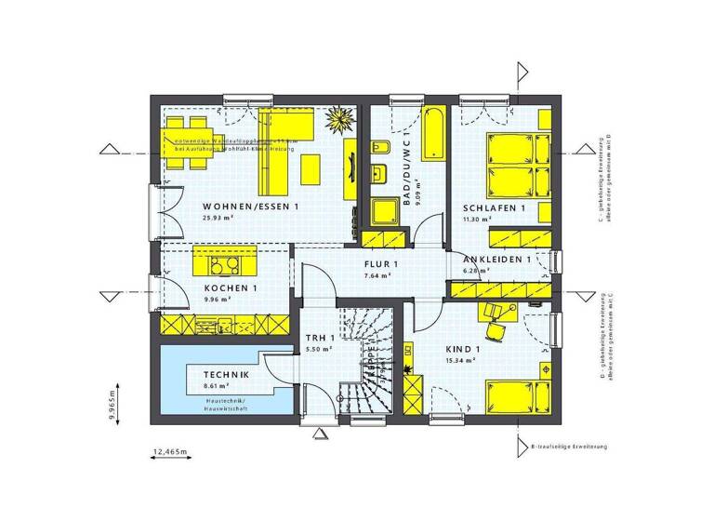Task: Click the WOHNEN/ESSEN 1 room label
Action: pyautogui.click(x=250, y=206)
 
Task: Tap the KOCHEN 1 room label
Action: pyautogui.click(x=231, y=288)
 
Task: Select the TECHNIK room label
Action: pyautogui.click(x=225, y=374)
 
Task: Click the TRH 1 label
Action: pyautogui.click(x=320, y=338)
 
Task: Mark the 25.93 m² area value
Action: pyautogui.click(x=217, y=218)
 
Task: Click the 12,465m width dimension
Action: pyautogui.click(x=169, y=452)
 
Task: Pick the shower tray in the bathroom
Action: pyautogui.click(x=383, y=211)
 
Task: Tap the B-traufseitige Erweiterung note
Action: pyautogui.click(x=569, y=447)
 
